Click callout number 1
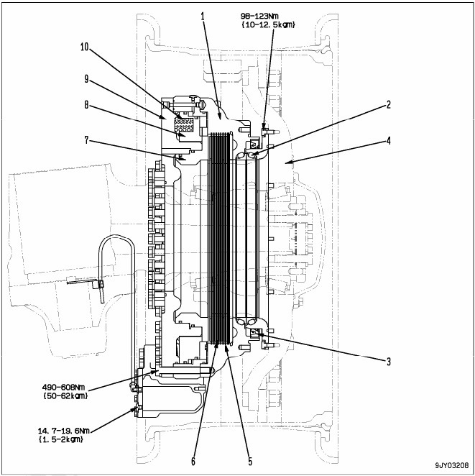(203, 16)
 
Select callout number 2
(389, 104)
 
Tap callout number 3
(389, 362)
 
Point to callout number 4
(389, 141)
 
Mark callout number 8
(87, 104)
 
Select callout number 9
(87, 78)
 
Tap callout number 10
(85, 47)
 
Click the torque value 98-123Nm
(274, 15)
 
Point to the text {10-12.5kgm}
(274, 24)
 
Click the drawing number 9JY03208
(451, 466)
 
